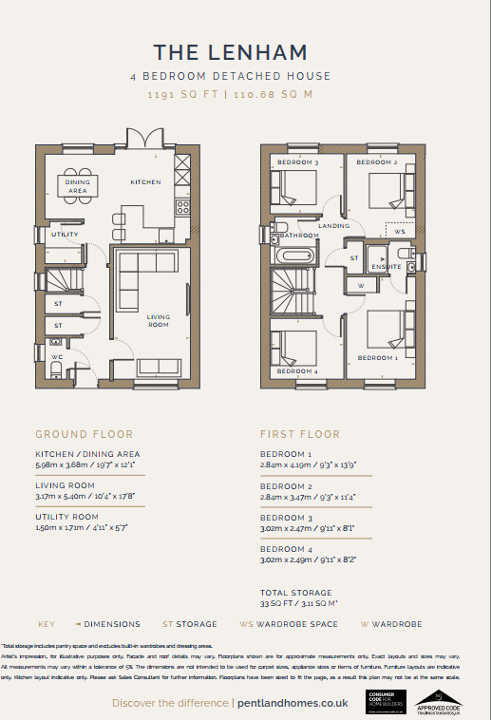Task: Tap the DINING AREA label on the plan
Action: (78, 186)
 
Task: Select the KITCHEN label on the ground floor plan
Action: (145, 181)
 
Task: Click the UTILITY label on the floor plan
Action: (66, 234)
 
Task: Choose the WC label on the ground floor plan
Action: (58, 356)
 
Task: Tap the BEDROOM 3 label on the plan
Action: (296, 163)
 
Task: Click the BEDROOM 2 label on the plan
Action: (376, 163)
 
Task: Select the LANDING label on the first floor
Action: (334, 226)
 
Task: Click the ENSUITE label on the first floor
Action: (387, 267)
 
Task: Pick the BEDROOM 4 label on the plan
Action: (296, 370)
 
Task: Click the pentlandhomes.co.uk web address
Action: (294, 703)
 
